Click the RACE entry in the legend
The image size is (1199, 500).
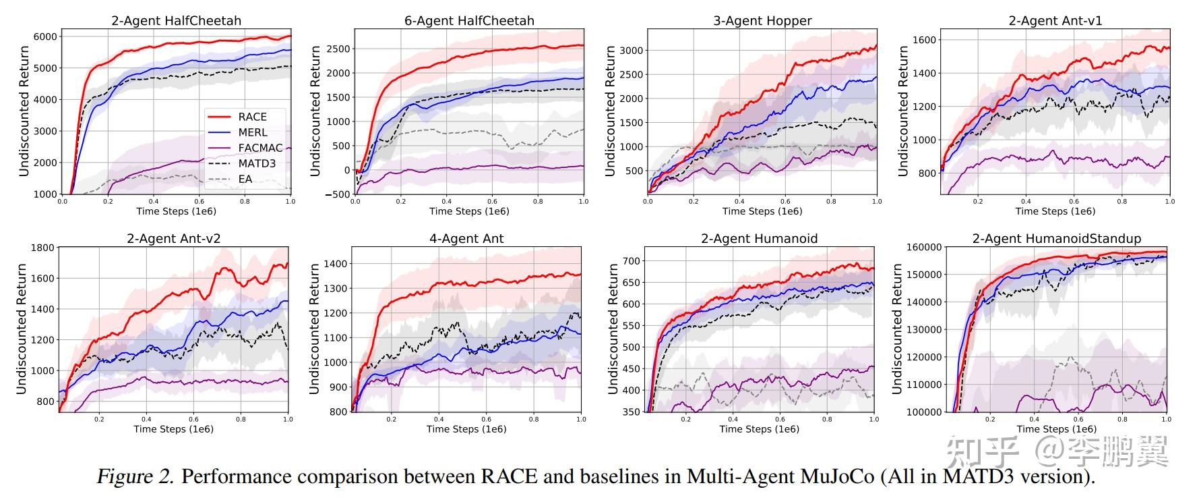point(252,117)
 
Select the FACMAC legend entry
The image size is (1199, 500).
point(260,148)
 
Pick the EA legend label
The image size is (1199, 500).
point(245,179)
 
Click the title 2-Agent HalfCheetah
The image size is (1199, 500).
point(176,21)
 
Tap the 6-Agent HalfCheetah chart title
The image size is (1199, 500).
point(469,21)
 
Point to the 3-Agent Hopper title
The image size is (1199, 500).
point(762,21)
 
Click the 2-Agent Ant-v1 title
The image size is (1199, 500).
point(1055,21)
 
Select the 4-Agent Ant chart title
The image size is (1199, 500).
point(466,239)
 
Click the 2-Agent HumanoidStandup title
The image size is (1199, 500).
point(1056,239)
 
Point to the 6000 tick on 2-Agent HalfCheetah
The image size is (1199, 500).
point(45,36)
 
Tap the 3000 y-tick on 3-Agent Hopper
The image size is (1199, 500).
point(632,50)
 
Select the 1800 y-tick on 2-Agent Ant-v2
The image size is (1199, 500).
point(42,248)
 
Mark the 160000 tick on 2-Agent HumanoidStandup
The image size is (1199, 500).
point(923,247)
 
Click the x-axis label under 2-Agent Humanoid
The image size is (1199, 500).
point(759,429)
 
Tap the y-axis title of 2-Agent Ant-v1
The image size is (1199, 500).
point(903,111)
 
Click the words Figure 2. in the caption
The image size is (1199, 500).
point(135,477)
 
